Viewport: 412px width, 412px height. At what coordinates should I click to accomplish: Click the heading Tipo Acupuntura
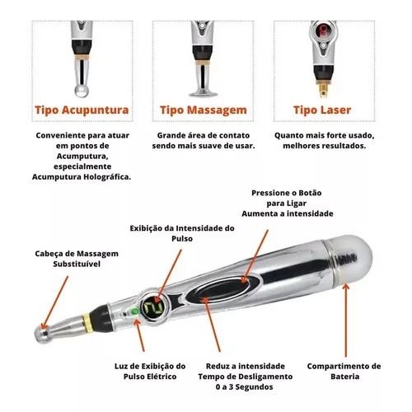coord(82,110)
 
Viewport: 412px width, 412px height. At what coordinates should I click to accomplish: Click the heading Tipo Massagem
coord(204,110)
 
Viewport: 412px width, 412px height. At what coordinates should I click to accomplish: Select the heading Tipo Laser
coord(322,110)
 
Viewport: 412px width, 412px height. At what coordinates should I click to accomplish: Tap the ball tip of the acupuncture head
coord(82,91)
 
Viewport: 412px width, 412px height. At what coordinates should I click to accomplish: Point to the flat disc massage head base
coord(204,93)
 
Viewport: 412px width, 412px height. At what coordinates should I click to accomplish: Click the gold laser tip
coord(324,88)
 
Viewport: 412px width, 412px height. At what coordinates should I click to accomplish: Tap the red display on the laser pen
coord(324,30)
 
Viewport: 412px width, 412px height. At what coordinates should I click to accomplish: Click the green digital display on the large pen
coord(152,307)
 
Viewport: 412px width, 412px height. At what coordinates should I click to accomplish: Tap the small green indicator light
coord(135,311)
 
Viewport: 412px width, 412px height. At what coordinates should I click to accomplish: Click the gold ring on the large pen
coord(87,321)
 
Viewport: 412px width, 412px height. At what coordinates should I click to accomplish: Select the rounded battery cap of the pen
coord(349,261)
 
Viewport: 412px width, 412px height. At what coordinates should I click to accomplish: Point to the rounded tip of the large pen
coord(43,334)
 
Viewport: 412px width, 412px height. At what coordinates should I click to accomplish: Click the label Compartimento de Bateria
coord(344,371)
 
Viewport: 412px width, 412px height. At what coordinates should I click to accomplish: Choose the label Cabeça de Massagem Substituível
coord(77,259)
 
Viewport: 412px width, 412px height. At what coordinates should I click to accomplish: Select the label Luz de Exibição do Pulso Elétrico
coord(150,371)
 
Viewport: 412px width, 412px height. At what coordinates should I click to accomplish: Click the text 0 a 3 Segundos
coord(244,387)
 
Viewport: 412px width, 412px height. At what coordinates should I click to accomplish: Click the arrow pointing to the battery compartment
coord(346,320)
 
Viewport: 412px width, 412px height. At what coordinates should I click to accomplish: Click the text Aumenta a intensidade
coord(288,213)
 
